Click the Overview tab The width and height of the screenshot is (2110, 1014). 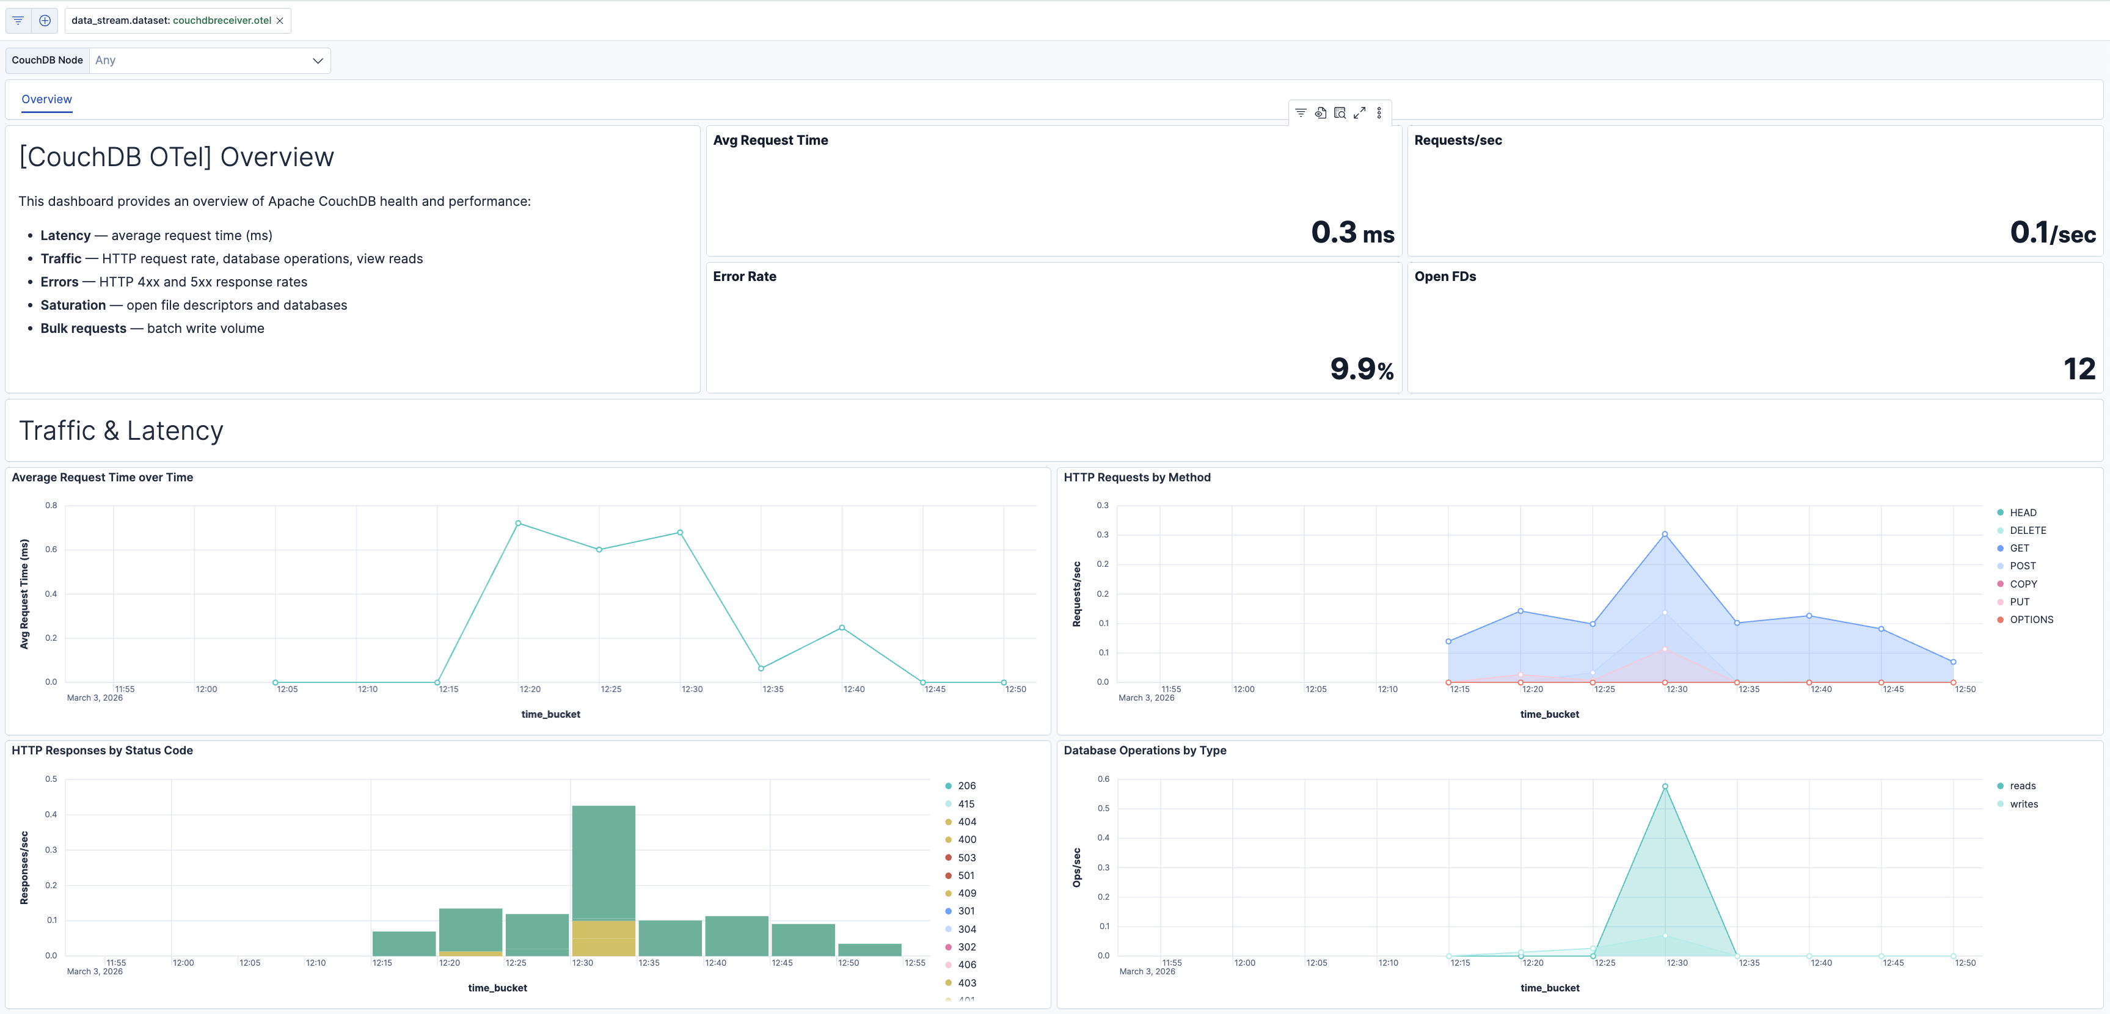click(46, 99)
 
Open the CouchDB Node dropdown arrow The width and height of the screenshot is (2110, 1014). click(318, 60)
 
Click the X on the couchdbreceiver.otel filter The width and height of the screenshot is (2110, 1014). click(280, 21)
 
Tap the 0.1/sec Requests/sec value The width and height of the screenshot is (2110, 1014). click(2052, 233)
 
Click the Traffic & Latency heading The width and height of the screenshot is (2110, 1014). click(121, 431)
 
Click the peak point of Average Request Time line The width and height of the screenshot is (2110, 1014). click(517, 522)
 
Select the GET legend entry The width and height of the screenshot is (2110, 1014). click(2019, 548)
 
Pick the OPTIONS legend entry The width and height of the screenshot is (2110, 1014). click(2031, 619)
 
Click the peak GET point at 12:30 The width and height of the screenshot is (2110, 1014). click(1665, 534)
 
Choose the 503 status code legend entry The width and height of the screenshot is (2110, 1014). click(966, 858)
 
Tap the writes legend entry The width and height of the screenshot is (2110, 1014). click(2023, 803)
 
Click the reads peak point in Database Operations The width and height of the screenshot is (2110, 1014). click(1665, 786)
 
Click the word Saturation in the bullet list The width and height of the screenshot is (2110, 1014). click(73, 305)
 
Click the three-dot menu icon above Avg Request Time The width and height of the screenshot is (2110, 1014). click(1379, 113)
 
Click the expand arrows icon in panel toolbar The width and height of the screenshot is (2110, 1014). click(1360, 113)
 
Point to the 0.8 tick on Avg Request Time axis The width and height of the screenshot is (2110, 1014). click(51, 505)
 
